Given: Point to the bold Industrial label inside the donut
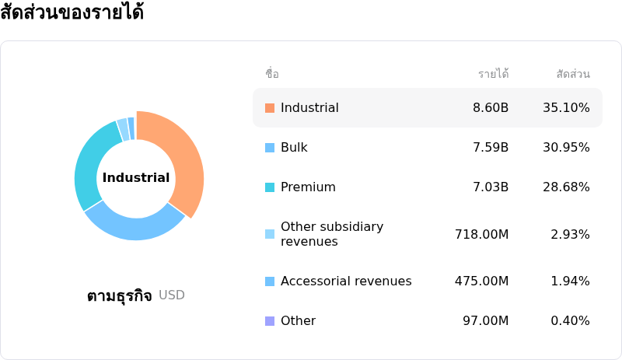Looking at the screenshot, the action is click(136, 177).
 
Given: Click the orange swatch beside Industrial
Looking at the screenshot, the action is click(270, 108).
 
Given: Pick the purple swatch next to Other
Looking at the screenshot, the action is click(270, 320).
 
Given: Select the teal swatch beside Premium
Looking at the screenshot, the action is click(270, 187).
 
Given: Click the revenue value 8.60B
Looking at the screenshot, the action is click(491, 108).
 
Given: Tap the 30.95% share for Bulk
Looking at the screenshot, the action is click(566, 148).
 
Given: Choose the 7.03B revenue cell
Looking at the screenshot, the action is click(491, 187).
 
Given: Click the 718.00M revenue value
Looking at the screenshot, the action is click(481, 235).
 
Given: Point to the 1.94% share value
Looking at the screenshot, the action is click(570, 281).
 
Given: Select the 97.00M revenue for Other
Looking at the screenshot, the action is click(485, 320).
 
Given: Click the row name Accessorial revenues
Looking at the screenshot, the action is click(346, 281).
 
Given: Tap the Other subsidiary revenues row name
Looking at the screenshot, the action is click(332, 234).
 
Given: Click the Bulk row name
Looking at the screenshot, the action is click(294, 148).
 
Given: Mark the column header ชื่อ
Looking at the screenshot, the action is click(272, 73).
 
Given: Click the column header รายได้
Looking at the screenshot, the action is click(494, 73).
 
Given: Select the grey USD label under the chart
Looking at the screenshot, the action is click(172, 295).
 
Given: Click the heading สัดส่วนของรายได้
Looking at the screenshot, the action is click(72, 12).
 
